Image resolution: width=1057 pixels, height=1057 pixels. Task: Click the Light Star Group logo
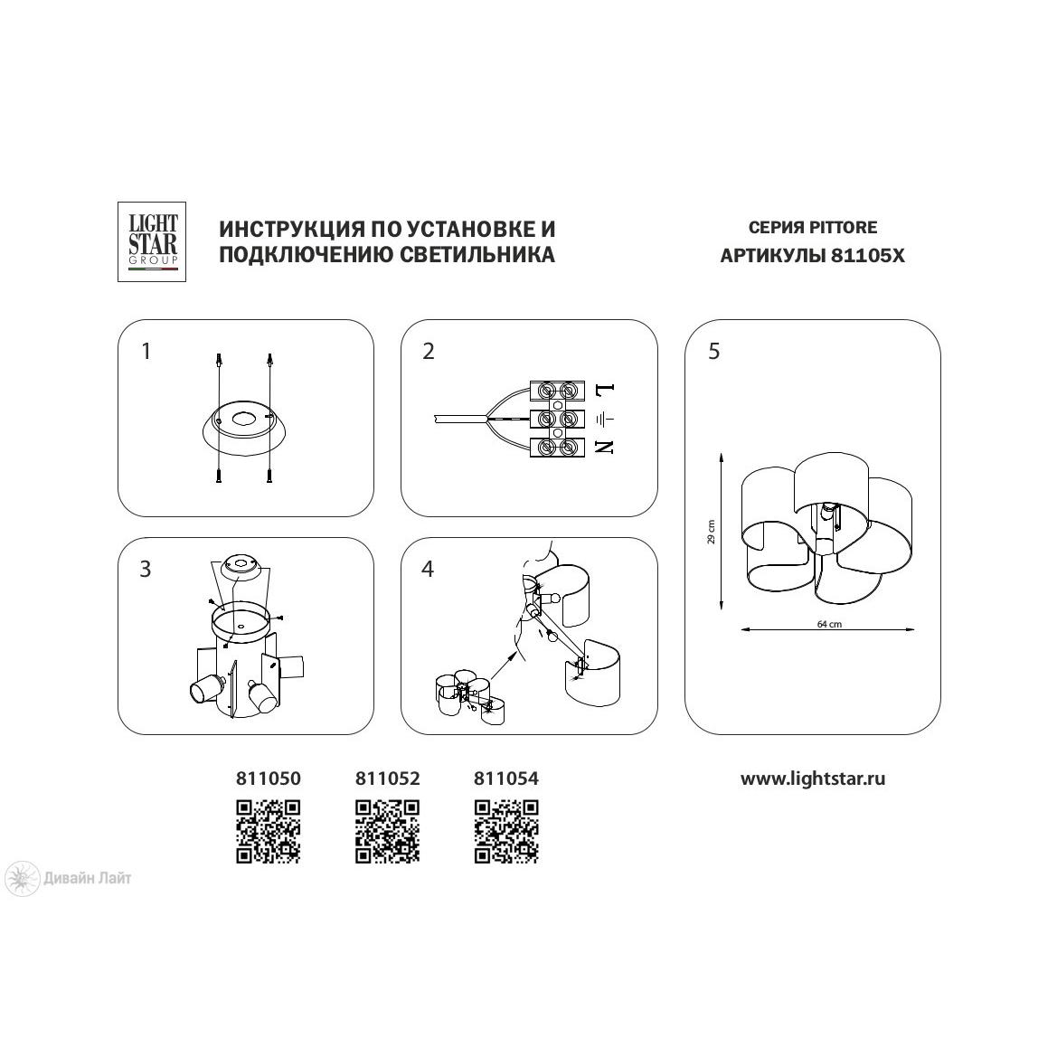[x=152, y=241]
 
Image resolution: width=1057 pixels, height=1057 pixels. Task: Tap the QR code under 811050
[x=269, y=831]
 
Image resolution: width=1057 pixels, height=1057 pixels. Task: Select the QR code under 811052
[x=388, y=831]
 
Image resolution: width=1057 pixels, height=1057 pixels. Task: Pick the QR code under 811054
[x=506, y=831]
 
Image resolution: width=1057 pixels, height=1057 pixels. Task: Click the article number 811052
[x=388, y=779]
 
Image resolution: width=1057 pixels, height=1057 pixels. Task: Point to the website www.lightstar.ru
[x=813, y=779]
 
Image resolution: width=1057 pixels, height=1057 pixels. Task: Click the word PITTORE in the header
[x=844, y=227]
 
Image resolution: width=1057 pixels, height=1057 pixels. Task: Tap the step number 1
[x=146, y=351]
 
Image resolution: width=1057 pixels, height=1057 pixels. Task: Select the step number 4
[x=428, y=569]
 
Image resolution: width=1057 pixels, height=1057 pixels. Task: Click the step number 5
[x=714, y=351]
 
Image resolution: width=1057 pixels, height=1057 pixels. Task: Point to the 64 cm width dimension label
[x=829, y=624]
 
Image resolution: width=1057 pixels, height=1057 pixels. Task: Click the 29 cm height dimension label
[x=712, y=532]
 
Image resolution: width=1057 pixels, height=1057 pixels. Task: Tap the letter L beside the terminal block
[x=604, y=390]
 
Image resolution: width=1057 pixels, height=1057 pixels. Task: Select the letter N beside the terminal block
[x=605, y=447]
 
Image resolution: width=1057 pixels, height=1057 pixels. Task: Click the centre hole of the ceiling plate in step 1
[x=243, y=420]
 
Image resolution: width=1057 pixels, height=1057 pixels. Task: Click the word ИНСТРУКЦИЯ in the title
[x=293, y=229]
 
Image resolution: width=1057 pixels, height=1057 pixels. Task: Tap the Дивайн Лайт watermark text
[x=88, y=878]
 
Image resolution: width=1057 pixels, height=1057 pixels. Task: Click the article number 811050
[x=269, y=779]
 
